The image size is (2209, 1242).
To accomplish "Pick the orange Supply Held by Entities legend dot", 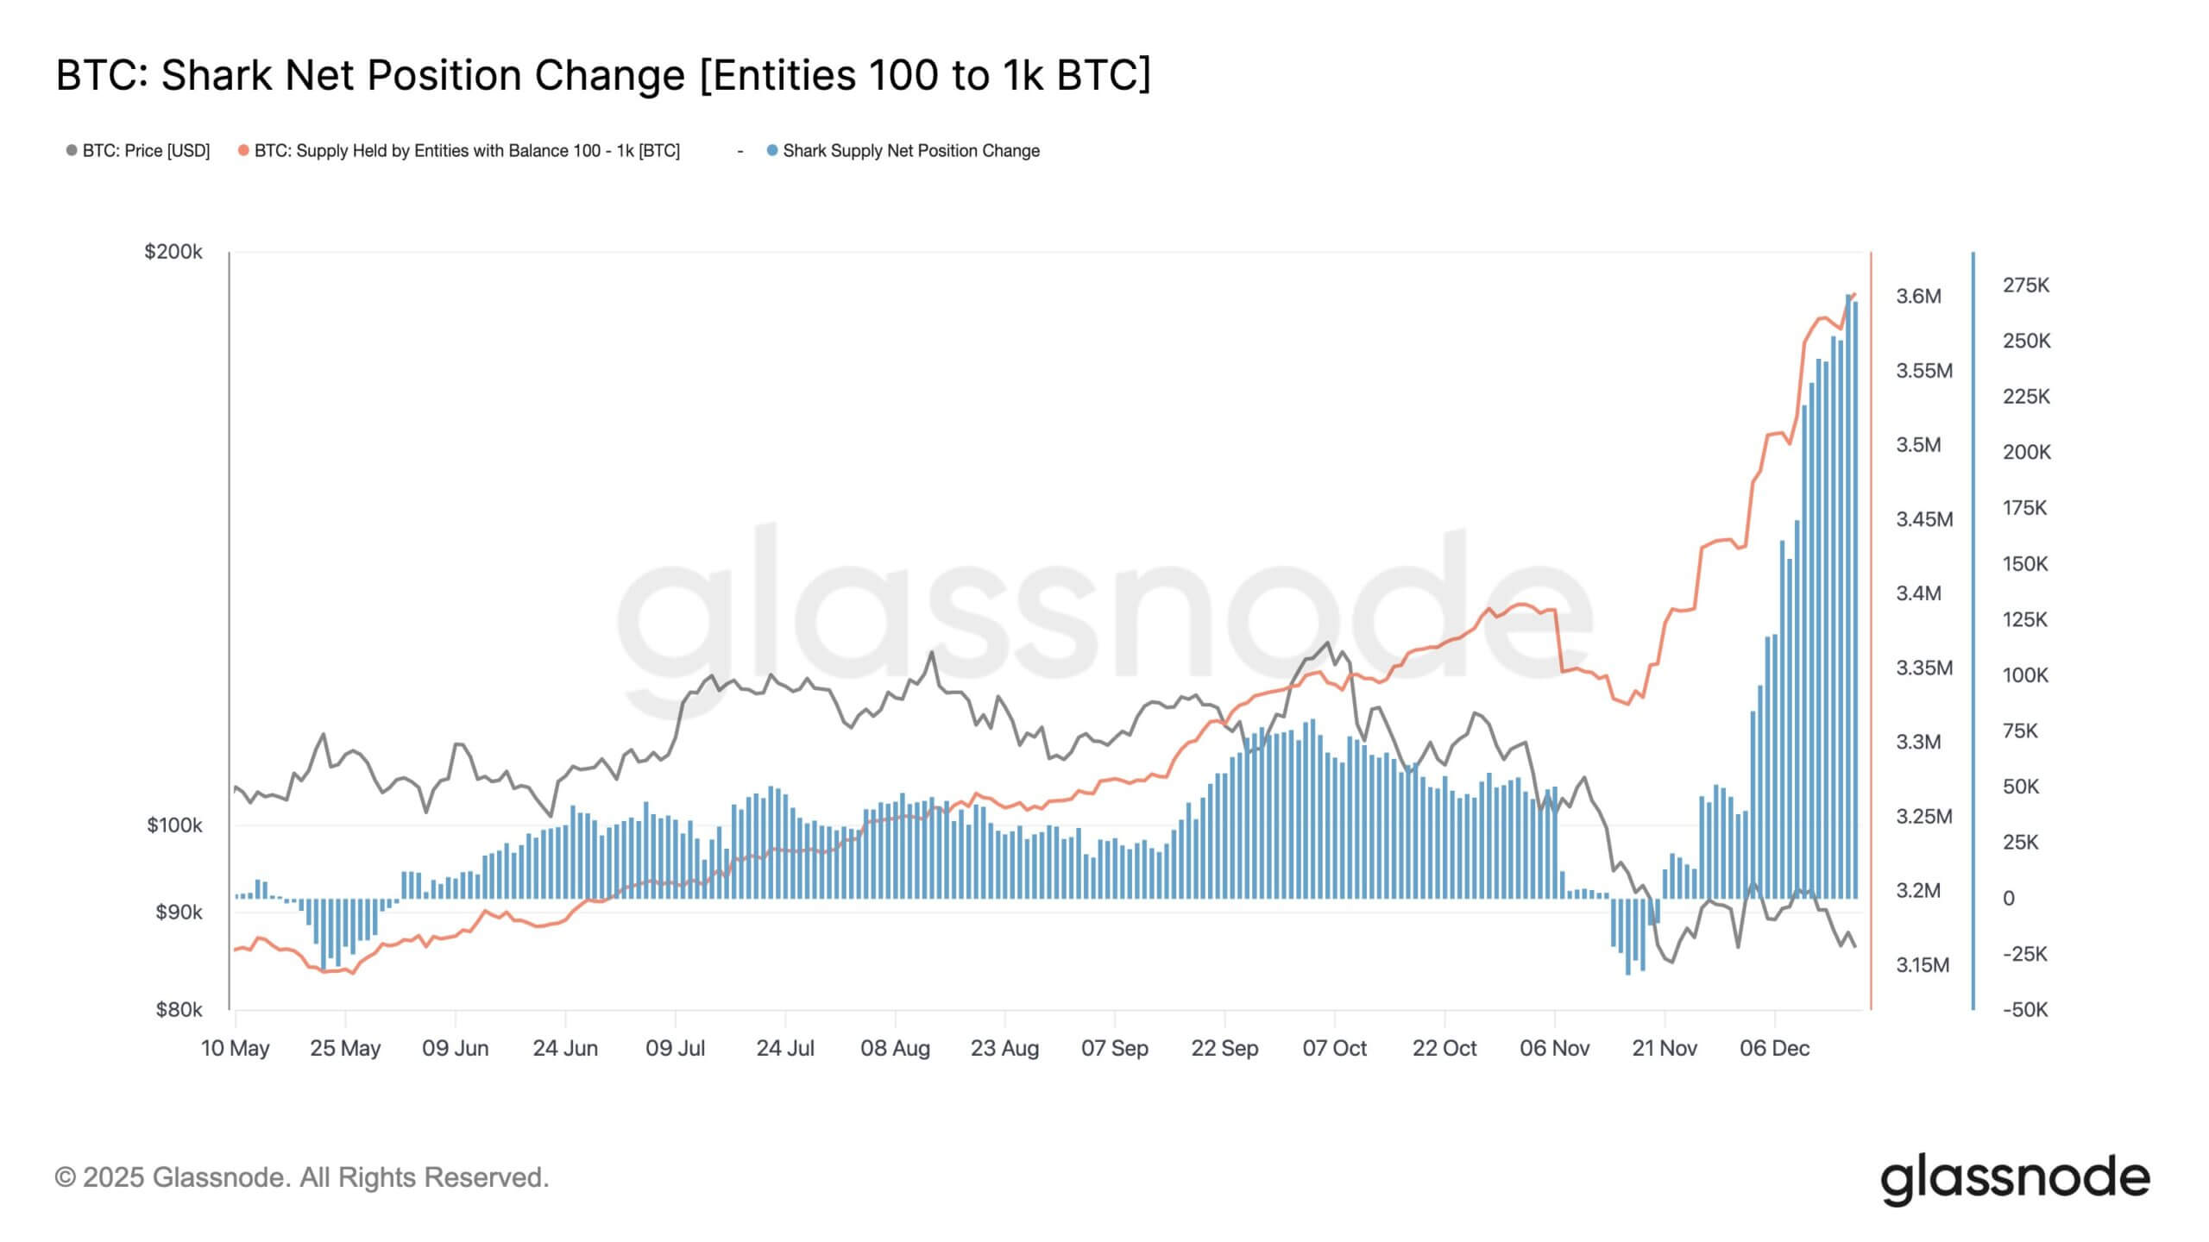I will coord(243,151).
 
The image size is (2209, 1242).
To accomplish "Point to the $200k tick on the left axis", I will coord(173,252).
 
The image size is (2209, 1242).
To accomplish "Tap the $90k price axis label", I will coord(178,913).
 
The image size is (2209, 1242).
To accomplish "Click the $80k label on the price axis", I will coord(178,1009).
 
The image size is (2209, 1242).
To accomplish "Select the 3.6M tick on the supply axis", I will coord(1917,297).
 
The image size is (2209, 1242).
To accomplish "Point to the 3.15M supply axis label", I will coord(1922,965).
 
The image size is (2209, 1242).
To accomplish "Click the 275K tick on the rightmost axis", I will coord(2025,285).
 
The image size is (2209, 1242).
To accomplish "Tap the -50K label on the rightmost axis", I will coord(2024,1010).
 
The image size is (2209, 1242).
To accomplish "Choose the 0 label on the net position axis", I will coord(2009,899).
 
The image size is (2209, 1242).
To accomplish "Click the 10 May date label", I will coord(235,1049).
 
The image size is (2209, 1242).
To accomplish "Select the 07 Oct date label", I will coord(1334,1049).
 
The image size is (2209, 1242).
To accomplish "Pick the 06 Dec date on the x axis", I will coord(1774,1049).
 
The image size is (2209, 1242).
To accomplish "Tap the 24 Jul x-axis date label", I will coord(784,1049).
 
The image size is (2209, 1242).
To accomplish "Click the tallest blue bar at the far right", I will coord(1848,595).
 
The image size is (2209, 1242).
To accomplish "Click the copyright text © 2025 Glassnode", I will coord(301,1177).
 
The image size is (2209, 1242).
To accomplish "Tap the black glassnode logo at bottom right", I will coord(2015,1180).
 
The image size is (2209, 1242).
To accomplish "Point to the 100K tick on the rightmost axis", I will coord(2024,675).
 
